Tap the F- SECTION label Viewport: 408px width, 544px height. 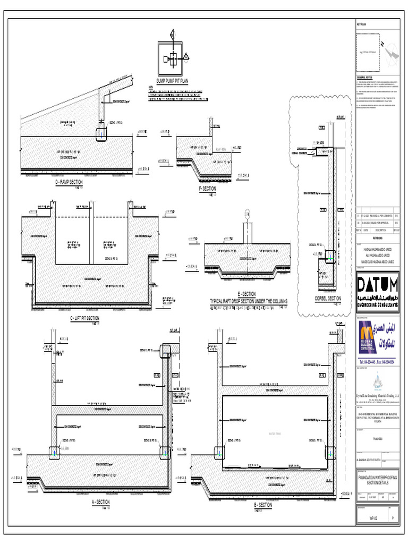(x=207, y=188)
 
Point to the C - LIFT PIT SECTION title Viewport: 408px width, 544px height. (x=84, y=318)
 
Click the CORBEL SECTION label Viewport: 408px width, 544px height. (x=327, y=299)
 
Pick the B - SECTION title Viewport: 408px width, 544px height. (x=262, y=505)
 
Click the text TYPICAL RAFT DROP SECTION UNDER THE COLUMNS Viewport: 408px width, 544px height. (x=248, y=301)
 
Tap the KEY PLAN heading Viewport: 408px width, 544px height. (x=361, y=25)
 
